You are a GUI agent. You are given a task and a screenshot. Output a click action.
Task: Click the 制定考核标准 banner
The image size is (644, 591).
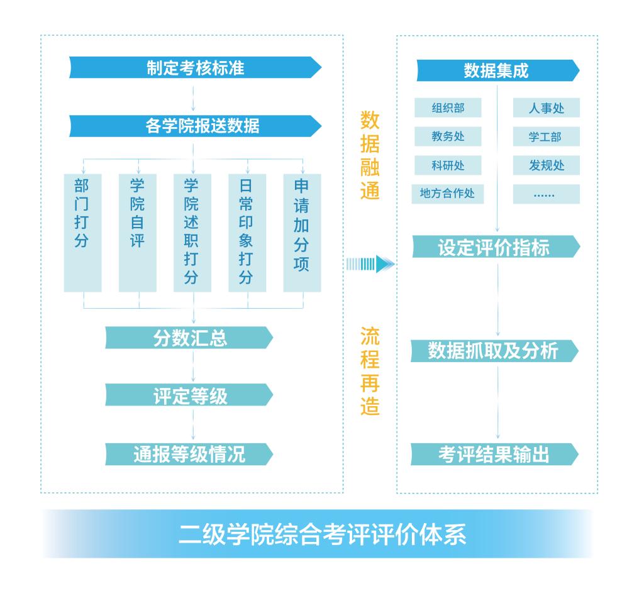pos(195,67)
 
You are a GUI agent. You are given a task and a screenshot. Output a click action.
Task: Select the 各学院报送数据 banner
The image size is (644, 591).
pos(195,126)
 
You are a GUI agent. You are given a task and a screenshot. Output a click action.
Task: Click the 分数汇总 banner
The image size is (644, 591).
pos(189,338)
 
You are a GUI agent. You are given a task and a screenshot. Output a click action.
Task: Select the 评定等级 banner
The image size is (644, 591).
pos(189,395)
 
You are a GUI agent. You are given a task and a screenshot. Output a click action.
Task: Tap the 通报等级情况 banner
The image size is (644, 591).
pos(189,453)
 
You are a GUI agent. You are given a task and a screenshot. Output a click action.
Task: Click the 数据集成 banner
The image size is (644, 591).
pos(497,70)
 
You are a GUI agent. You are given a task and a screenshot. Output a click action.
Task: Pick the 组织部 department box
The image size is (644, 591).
pos(448,108)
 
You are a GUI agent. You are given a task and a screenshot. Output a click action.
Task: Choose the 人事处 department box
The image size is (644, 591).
pos(546,108)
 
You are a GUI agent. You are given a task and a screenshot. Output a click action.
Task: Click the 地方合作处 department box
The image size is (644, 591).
pos(448,194)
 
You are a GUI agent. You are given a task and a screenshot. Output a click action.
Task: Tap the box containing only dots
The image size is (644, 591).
pos(546,194)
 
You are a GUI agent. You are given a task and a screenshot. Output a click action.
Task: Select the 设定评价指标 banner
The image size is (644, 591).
pos(496,247)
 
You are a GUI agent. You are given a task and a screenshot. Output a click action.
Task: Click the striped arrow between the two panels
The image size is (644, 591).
pos(370,264)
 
